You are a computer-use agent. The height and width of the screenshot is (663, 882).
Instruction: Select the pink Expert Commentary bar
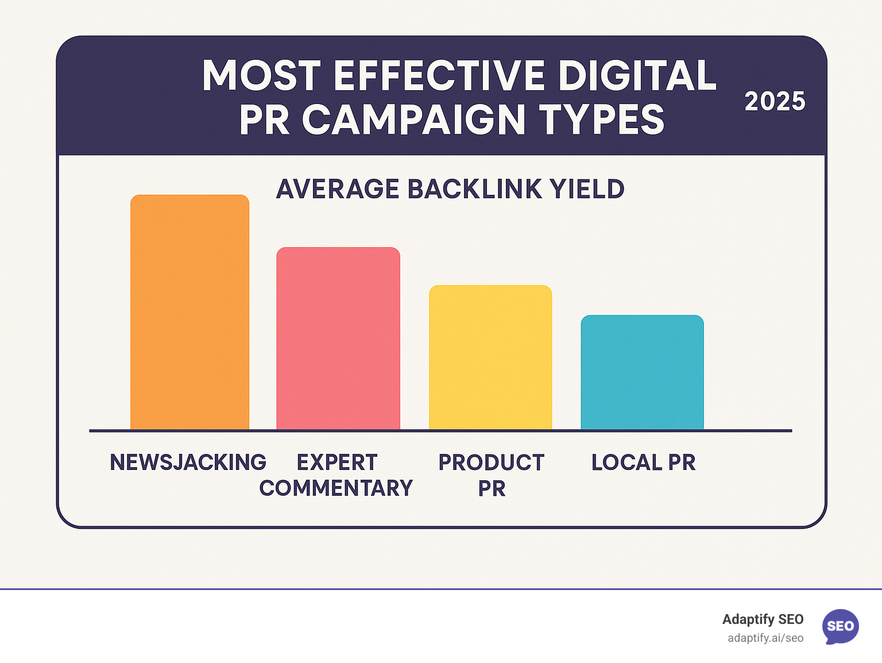coord(338,338)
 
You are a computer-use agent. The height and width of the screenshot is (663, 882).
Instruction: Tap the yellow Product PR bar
coord(490,357)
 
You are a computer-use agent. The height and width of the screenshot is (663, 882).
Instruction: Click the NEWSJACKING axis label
coord(188,462)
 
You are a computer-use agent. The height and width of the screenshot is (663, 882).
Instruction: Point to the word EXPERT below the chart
coord(337,462)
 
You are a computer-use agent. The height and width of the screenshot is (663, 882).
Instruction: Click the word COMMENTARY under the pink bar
coord(336,488)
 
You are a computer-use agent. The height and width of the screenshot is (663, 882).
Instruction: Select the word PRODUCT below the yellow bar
coord(492,462)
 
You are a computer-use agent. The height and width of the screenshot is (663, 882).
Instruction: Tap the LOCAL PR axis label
coord(643,462)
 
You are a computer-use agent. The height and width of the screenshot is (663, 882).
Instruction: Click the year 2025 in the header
coord(775,102)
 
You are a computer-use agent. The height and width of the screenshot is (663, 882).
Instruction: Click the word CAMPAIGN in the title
coord(413,120)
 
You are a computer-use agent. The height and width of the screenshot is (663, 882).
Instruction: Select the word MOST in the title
coord(261,76)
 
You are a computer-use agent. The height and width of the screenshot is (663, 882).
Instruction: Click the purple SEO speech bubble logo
coord(841,626)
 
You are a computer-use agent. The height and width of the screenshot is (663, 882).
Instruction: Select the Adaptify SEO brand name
coord(763,619)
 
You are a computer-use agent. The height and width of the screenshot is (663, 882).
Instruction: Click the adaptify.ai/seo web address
coord(765,638)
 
